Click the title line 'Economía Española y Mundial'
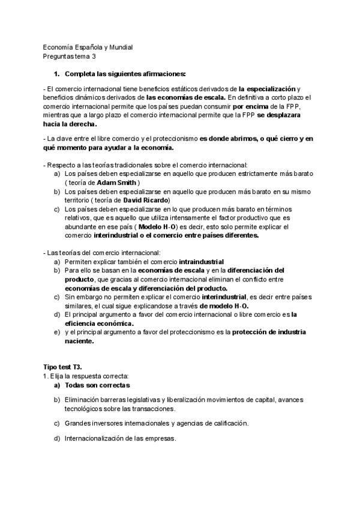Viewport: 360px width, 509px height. pos(88,47)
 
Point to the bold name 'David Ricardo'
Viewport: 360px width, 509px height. pos(147,199)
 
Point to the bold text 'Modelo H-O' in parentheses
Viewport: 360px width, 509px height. pos(159,227)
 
